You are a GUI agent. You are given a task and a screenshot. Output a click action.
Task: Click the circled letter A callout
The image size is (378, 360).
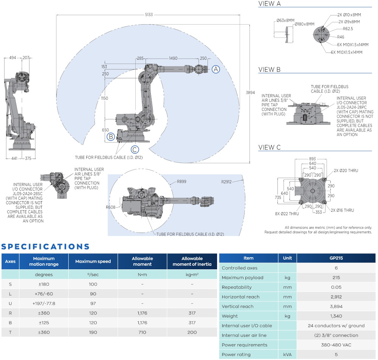pos(215,69)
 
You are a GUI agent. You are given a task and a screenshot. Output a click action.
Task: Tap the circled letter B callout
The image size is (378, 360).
pos(110,137)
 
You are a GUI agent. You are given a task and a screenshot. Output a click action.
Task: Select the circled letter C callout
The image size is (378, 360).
pos(135,149)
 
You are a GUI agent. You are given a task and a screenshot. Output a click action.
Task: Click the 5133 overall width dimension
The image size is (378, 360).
pos(149,15)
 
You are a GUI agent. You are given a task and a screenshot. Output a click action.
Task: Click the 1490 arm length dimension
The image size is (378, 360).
pos(173,58)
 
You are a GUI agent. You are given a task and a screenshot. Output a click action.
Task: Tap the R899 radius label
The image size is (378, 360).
pos(181,182)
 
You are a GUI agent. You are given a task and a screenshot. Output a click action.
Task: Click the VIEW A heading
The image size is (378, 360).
pos(269,4)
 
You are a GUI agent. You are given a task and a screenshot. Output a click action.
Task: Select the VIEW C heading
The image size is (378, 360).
pos(269,147)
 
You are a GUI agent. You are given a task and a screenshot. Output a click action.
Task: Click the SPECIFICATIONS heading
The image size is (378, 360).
pos(45,247)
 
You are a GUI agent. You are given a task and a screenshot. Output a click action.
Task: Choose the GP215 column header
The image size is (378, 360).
pos(336,258)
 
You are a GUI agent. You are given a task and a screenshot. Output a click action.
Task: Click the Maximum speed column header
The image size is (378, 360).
pos(93,261)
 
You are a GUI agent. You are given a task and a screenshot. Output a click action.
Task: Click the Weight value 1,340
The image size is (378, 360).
pos(336,316)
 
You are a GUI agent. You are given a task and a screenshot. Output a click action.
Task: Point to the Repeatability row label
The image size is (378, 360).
pos(237,287)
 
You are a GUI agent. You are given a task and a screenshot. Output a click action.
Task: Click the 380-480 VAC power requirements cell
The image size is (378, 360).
pos(336,345)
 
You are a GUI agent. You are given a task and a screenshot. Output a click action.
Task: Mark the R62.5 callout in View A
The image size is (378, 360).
pos(348,29)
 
